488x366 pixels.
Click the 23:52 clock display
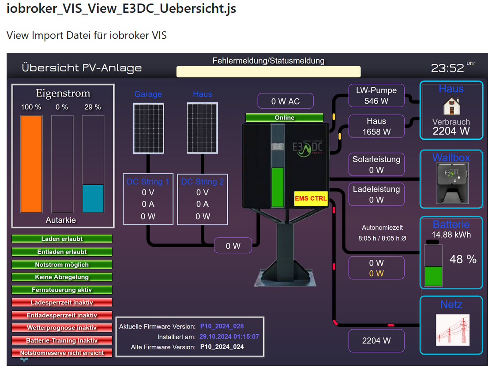click(x=447, y=68)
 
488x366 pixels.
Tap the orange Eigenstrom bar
click(x=31, y=164)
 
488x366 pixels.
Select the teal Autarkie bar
click(x=93, y=198)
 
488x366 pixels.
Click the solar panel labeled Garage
click(x=148, y=128)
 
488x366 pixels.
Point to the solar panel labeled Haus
click(x=202, y=128)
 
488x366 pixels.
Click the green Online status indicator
click(x=285, y=118)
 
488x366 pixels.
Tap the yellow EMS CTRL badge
click(x=311, y=199)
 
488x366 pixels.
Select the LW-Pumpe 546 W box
click(x=376, y=96)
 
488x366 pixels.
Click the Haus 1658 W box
click(x=376, y=126)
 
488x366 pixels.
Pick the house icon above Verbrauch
click(x=451, y=106)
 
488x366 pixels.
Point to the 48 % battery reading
click(x=462, y=259)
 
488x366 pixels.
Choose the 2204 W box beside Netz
click(x=376, y=340)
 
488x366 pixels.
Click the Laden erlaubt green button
click(x=62, y=239)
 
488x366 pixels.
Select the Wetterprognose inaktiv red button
click(x=62, y=328)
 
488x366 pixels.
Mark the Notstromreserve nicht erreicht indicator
click(x=62, y=353)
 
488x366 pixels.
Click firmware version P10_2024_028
click(x=222, y=326)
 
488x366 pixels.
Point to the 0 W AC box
click(x=285, y=101)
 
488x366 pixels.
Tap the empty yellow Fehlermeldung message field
click(x=268, y=71)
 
